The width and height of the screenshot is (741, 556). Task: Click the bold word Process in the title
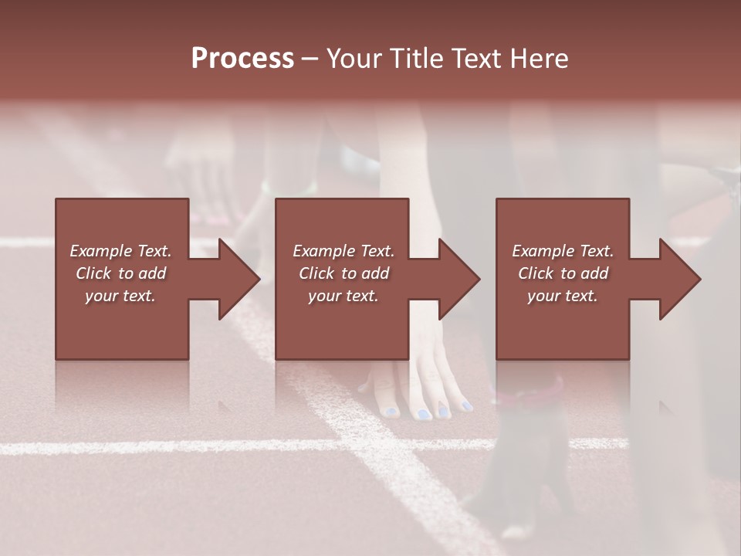pos(242,59)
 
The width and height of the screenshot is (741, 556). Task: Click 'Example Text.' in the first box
pos(120,251)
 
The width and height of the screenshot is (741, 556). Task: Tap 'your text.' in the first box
pos(120,296)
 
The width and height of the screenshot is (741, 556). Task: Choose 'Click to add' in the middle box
pos(343,273)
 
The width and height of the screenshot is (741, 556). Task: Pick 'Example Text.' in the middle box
pos(343,251)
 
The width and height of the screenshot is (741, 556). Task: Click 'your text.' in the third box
pos(563,296)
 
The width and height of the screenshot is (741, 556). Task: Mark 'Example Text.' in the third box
pos(563,251)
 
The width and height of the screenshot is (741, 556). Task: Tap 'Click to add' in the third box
pos(563,273)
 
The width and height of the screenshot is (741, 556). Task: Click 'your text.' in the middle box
pos(343,296)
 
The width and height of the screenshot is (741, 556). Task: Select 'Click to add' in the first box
pos(120,273)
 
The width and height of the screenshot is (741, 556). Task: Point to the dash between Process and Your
pos(310,59)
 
